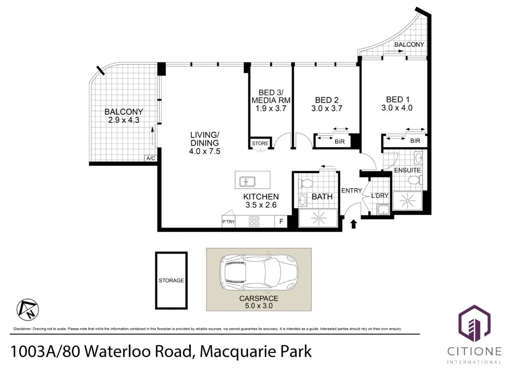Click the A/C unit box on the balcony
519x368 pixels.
coord(151,158)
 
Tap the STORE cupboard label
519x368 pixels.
coord(260,143)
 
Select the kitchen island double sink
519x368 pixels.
coord(247,181)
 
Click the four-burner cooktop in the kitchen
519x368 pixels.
coord(254,222)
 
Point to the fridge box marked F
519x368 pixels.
coord(280,222)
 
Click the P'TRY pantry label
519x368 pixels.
coord(228,222)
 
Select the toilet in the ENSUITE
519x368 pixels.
coord(414,180)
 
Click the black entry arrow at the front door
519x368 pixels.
coord(353,224)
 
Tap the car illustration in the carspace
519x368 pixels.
coord(258,269)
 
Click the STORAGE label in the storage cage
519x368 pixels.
coord(171,280)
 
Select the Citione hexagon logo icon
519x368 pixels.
coord(474,323)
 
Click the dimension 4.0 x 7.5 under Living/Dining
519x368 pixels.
coord(205,151)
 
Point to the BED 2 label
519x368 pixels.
coord(327,100)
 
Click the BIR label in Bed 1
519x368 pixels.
coord(415,141)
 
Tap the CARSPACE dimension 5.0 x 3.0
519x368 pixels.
coord(259,306)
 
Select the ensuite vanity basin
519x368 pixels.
coord(418,157)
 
